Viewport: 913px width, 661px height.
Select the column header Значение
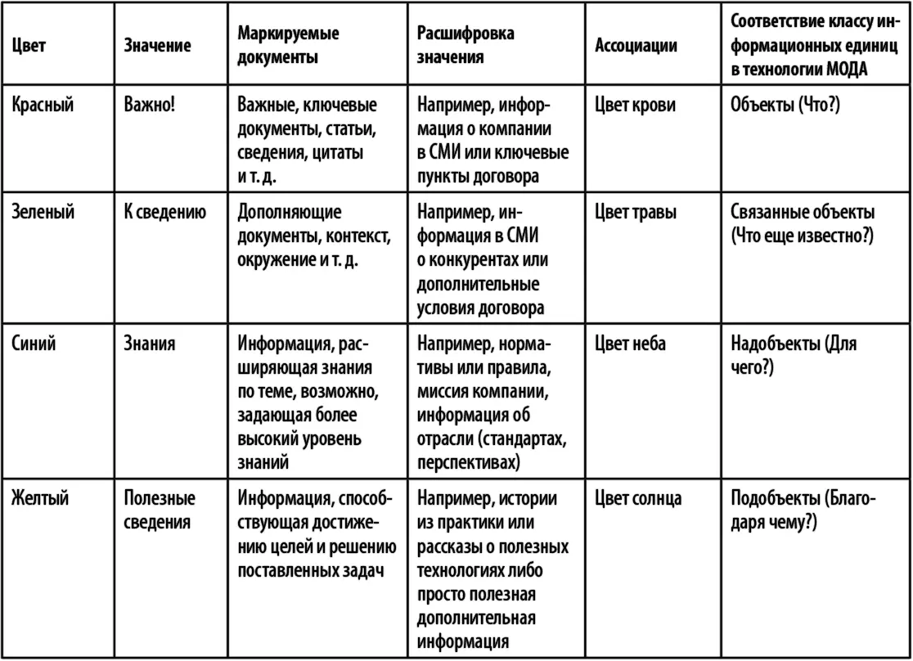(x=157, y=46)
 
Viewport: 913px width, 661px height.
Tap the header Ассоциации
(x=636, y=46)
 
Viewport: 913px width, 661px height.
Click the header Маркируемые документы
(x=287, y=45)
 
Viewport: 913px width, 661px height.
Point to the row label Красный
(x=43, y=106)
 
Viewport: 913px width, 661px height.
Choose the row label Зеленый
(x=43, y=212)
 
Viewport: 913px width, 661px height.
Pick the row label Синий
(x=34, y=344)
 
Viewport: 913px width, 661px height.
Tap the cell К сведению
(x=164, y=212)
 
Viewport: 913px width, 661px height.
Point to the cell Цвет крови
(x=635, y=106)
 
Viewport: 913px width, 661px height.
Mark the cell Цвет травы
(x=636, y=212)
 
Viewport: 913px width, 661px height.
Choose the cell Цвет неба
(x=630, y=344)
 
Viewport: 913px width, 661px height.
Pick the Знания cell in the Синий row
(x=150, y=344)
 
